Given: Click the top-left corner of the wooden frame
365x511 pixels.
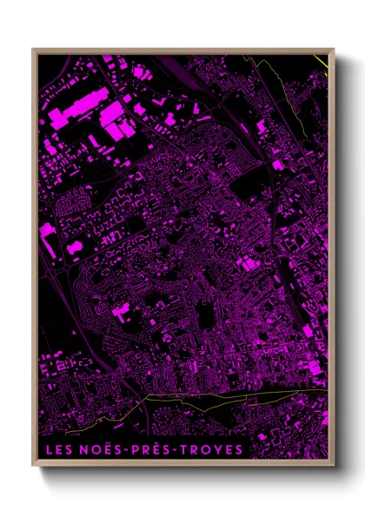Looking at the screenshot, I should pos(34,50).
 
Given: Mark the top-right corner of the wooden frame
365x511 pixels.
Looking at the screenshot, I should pos(334,50).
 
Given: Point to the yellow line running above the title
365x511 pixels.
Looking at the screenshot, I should pos(200,395).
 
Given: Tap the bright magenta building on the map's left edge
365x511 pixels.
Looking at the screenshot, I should pos(47,230).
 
